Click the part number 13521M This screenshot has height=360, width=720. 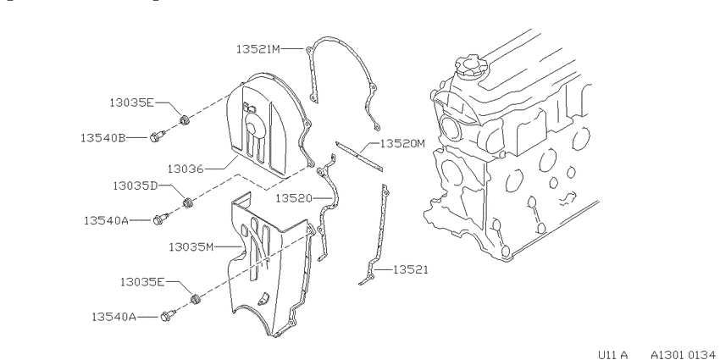click(258, 48)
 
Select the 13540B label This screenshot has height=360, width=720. click(102, 137)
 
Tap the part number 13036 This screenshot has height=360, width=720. click(185, 169)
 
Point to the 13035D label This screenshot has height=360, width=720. click(136, 186)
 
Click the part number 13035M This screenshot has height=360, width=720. click(191, 247)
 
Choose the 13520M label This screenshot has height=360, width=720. click(402, 144)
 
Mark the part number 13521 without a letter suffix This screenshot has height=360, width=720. click(411, 269)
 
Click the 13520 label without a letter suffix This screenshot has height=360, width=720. click(293, 198)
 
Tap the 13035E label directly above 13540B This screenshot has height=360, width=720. click(132, 102)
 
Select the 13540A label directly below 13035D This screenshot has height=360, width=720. click(106, 220)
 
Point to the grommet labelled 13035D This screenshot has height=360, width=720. click(187, 202)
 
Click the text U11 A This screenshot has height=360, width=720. click(612, 354)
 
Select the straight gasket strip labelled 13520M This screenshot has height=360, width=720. click(358, 157)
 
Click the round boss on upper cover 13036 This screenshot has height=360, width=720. click(252, 124)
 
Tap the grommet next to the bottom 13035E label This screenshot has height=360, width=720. click(195, 299)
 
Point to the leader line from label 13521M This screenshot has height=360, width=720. click(291, 48)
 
